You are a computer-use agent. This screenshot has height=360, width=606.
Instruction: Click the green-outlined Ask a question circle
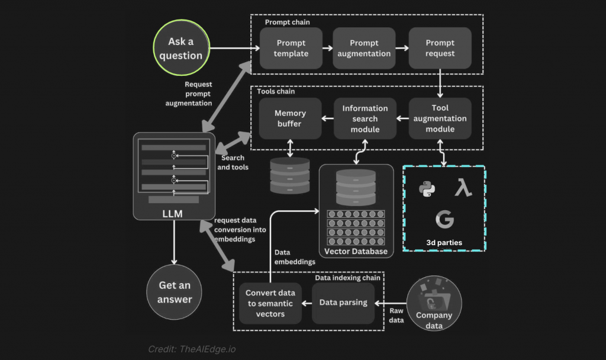click(x=181, y=47)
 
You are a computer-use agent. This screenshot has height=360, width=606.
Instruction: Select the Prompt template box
click(x=291, y=49)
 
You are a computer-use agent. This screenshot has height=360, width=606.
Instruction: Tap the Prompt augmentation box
click(x=364, y=49)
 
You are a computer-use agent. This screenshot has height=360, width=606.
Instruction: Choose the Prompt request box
click(x=440, y=49)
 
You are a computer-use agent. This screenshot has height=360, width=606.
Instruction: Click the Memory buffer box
click(x=290, y=118)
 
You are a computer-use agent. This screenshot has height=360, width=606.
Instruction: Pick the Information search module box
click(x=365, y=118)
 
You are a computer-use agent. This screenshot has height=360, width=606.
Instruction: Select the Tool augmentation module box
click(x=440, y=118)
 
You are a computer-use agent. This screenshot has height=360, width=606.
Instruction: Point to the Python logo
click(x=427, y=189)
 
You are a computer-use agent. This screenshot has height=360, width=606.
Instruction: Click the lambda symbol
click(x=463, y=188)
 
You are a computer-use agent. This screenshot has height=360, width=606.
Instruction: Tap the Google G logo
click(x=444, y=219)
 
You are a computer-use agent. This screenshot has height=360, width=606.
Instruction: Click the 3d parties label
click(x=444, y=242)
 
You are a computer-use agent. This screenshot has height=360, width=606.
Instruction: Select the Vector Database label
click(x=356, y=251)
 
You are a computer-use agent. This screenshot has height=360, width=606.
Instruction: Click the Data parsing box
click(x=343, y=303)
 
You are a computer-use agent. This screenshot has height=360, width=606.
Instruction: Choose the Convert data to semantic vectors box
click(x=270, y=303)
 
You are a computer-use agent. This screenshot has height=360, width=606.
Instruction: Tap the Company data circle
click(x=434, y=303)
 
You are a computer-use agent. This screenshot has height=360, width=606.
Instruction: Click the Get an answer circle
click(x=175, y=292)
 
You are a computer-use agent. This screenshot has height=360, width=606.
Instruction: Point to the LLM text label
click(x=172, y=214)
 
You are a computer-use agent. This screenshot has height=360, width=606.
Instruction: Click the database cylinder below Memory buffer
click(x=290, y=175)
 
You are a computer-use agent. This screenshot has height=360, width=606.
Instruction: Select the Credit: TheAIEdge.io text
click(x=192, y=349)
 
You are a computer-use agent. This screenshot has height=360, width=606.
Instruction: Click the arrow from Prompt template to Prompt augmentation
click(x=328, y=49)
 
